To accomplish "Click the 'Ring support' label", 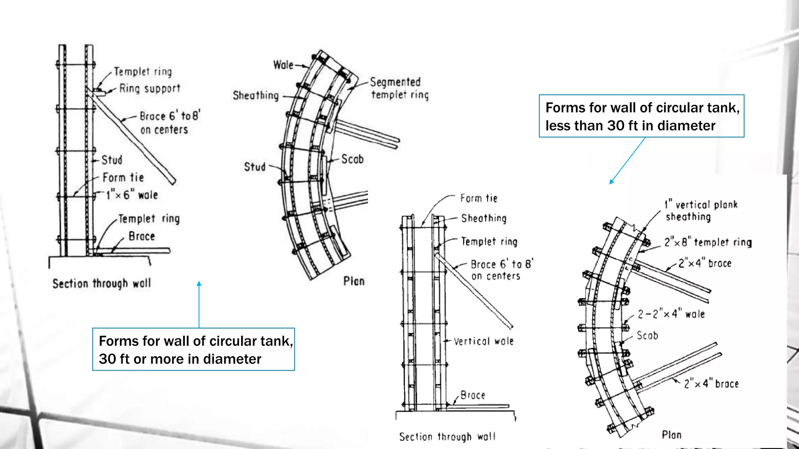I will click(x=150, y=89).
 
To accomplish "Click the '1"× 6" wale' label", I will click(x=132, y=194).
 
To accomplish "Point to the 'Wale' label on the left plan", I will click(x=283, y=65).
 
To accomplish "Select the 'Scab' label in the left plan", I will click(x=352, y=159).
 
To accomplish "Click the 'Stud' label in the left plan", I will click(x=254, y=167).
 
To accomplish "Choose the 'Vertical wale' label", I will click(x=483, y=341).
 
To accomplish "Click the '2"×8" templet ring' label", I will click(x=708, y=242).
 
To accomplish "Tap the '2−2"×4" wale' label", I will click(x=671, y=314).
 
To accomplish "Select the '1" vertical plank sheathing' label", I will click(x=701, y=210).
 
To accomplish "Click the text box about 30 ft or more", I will click(x=194, y=349).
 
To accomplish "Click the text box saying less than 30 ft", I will click(x=641, y=116).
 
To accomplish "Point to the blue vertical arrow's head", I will click(x=199, y=283).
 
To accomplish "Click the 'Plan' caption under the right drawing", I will click(x=671, y=435).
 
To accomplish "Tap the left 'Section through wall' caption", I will click(x=102, y=283).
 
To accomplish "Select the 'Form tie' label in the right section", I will click(x=479, y=198).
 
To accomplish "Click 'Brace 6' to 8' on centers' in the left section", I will click(x=169, y=122).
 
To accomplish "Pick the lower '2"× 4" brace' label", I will click(x=711, y=384).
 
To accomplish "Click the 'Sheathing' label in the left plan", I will click(x=256, y=95).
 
